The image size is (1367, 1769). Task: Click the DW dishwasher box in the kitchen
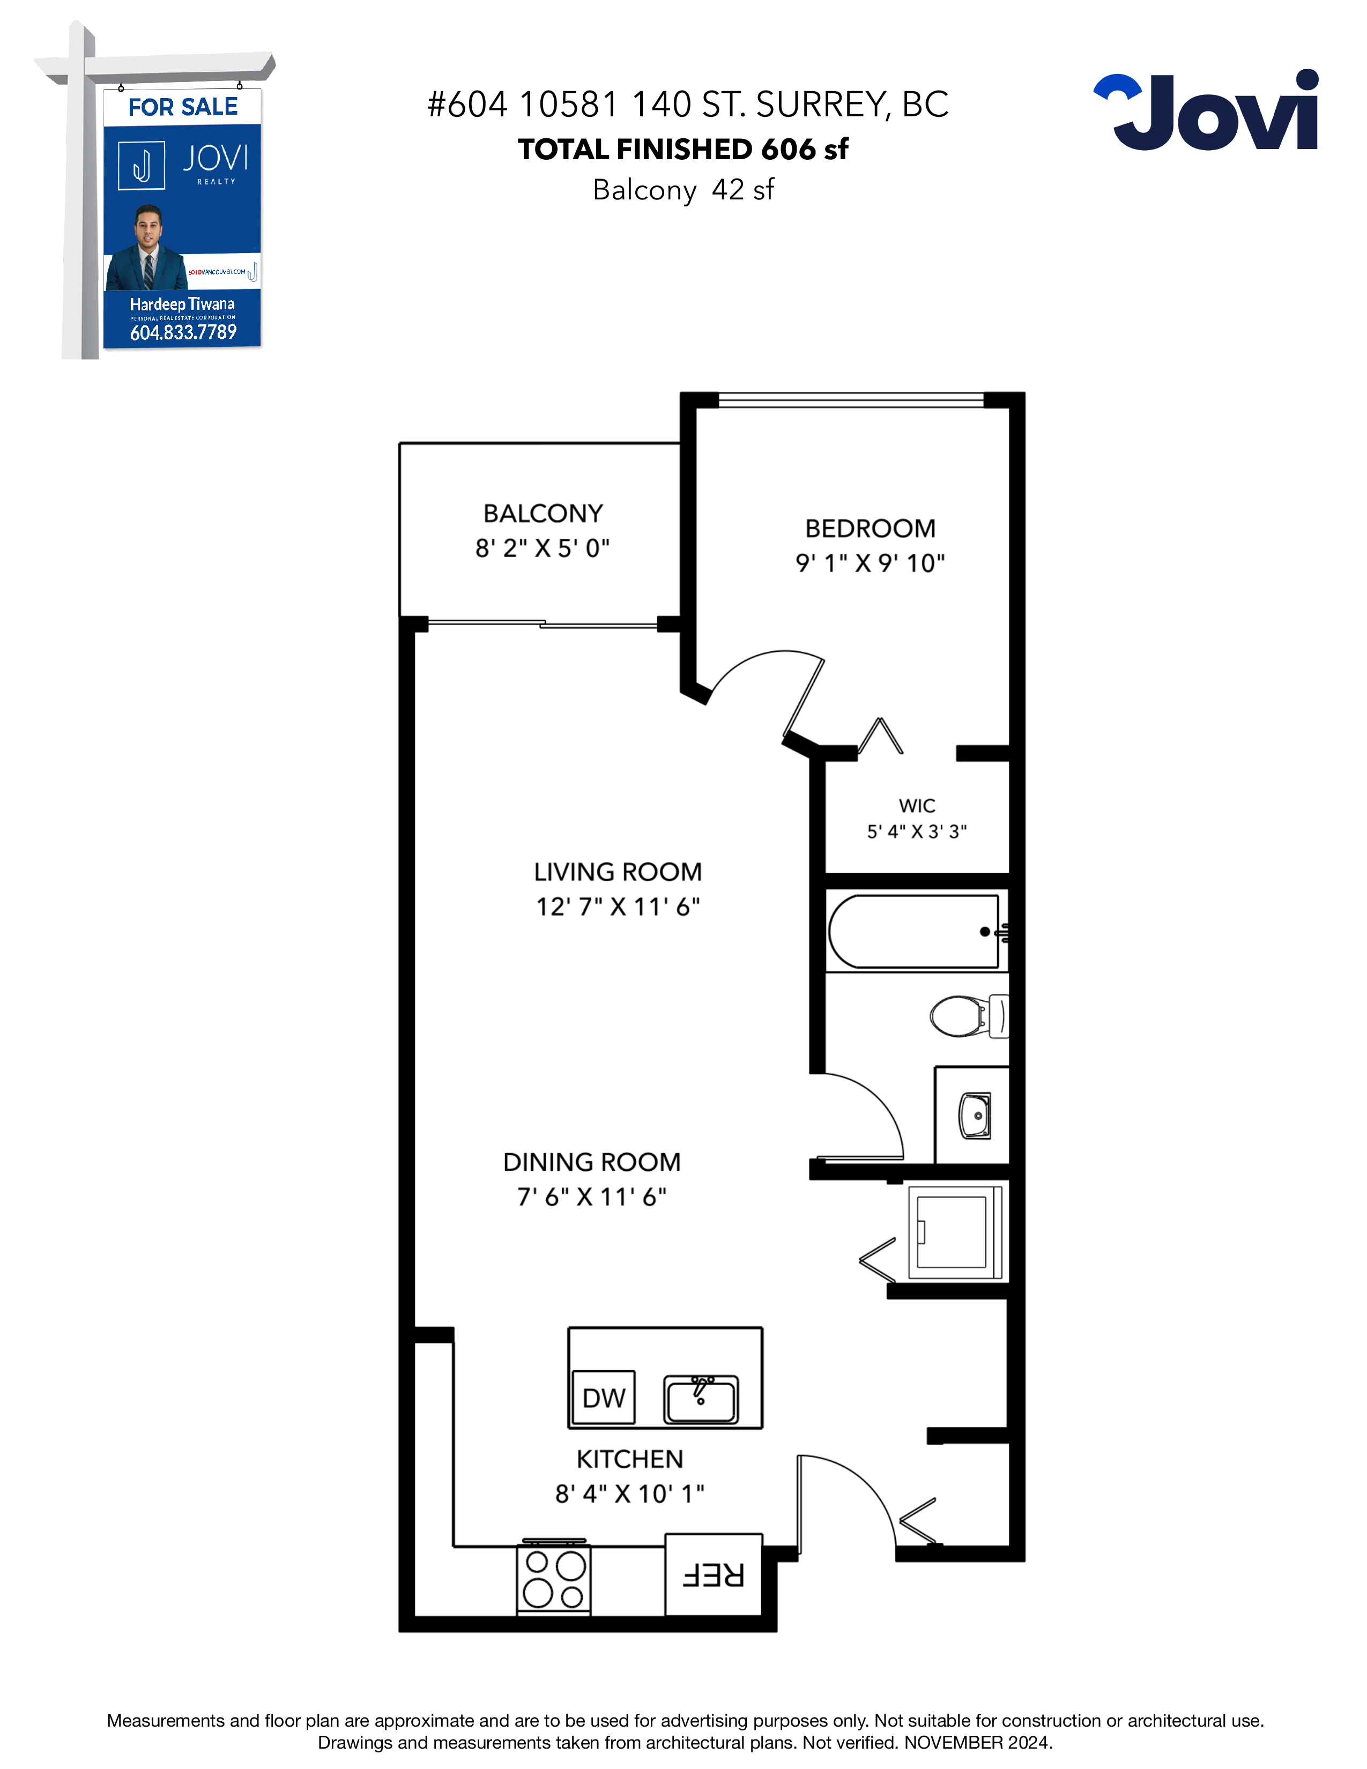603,1397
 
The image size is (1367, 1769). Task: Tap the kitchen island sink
701,1399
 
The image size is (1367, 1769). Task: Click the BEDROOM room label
871,528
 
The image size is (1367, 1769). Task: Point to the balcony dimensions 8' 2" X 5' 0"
543,548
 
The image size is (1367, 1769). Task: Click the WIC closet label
917,806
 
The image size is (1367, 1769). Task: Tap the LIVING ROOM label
618,872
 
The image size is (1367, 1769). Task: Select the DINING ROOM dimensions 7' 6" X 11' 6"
592,1196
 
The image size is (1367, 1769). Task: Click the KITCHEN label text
630,1459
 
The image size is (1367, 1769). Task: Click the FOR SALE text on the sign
183,107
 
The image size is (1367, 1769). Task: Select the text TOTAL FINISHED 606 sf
684,149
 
